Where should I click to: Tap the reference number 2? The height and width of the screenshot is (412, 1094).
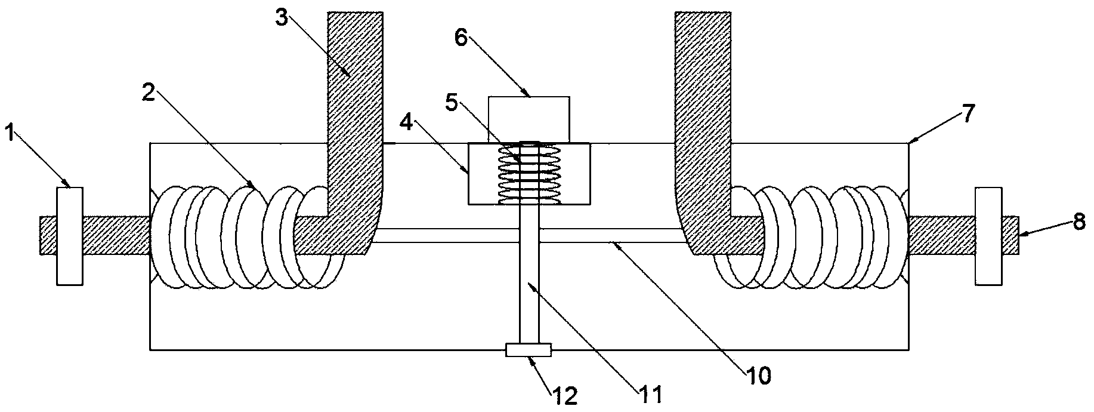149,93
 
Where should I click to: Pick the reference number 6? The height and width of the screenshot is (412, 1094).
462,37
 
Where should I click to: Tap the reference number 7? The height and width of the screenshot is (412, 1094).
967,113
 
